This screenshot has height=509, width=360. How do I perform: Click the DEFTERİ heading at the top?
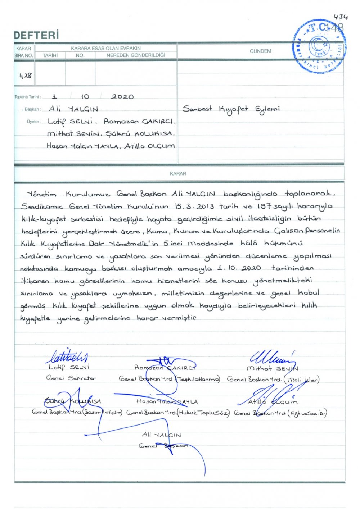point(36,35)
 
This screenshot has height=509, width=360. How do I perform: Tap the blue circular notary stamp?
point(319,47)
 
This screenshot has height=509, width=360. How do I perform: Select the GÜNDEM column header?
point(260,51)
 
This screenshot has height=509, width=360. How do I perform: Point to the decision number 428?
point(25,76)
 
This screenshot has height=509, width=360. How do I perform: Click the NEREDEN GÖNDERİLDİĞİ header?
point(136,55)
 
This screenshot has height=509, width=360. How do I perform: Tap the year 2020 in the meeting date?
point(122,97)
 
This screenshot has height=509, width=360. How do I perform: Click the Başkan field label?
point(33,109)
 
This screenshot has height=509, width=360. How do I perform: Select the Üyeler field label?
point(33,122)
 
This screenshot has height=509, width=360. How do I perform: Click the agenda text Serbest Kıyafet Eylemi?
point(231,109)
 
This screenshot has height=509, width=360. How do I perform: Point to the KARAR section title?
point(178,174)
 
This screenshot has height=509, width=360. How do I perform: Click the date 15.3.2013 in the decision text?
point(194,206)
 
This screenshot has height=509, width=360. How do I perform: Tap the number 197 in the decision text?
point(265,206)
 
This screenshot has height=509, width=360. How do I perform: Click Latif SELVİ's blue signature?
point(68,356)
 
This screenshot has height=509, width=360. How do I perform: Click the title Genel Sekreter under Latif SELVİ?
point(71,378)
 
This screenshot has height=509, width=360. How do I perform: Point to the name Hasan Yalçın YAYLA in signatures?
point(167,402)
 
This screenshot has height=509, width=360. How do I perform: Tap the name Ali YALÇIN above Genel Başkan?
point(161,435)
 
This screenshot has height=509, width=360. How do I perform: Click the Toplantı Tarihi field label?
point(28,97)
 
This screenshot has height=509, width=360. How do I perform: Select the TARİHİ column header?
point(50,55)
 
